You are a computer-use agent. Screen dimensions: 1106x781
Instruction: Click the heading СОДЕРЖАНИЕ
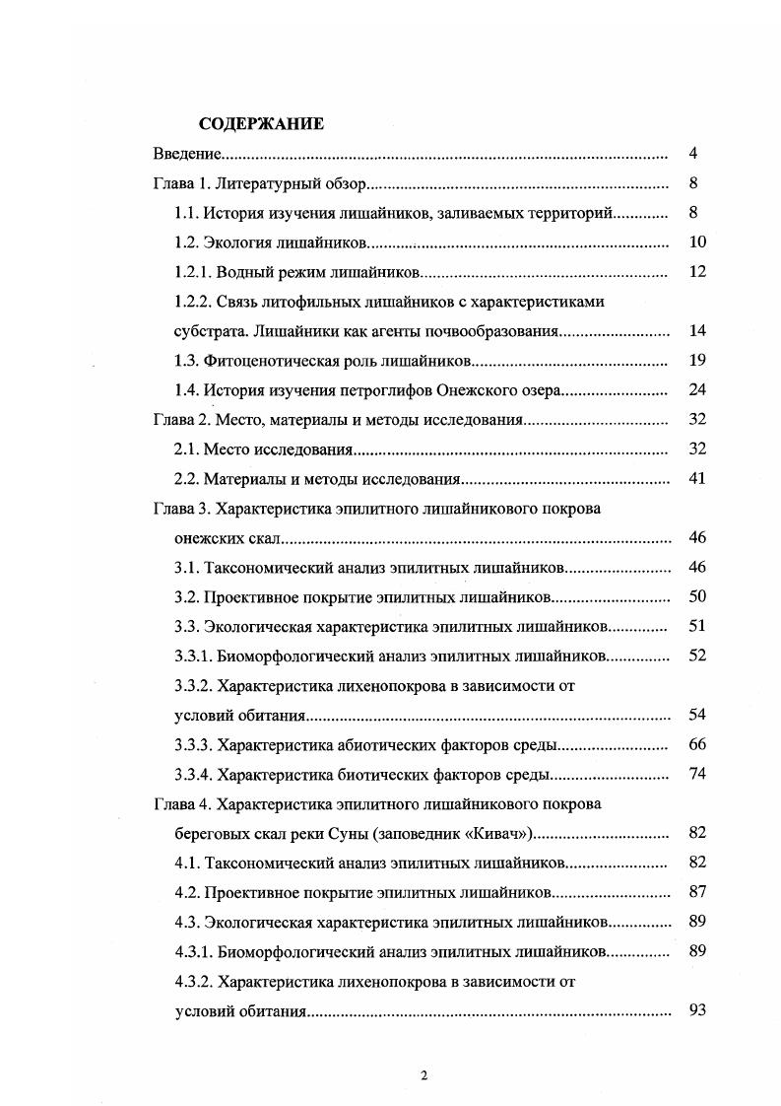coord(261,124)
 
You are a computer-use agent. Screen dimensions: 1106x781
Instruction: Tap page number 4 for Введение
coord(693,154)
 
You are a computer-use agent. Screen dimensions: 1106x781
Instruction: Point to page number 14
coord(697,331)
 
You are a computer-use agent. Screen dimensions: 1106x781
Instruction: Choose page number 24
coord(697,390)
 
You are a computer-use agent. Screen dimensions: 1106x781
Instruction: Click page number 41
coord(697,479)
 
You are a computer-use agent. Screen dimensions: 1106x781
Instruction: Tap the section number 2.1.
coord(187,449)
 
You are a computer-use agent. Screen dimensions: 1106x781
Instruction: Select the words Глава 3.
coord(181,509)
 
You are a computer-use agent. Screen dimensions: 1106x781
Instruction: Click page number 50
coord(697,596)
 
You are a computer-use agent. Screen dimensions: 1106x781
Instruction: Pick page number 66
coord(697,744)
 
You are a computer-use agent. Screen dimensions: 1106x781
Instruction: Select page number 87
coord(697,892)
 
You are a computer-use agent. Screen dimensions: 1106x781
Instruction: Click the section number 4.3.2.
coord(197,981)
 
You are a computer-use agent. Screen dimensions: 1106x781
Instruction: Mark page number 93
coord(697,1010)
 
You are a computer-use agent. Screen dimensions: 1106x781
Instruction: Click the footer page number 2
coord(423,1075)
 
